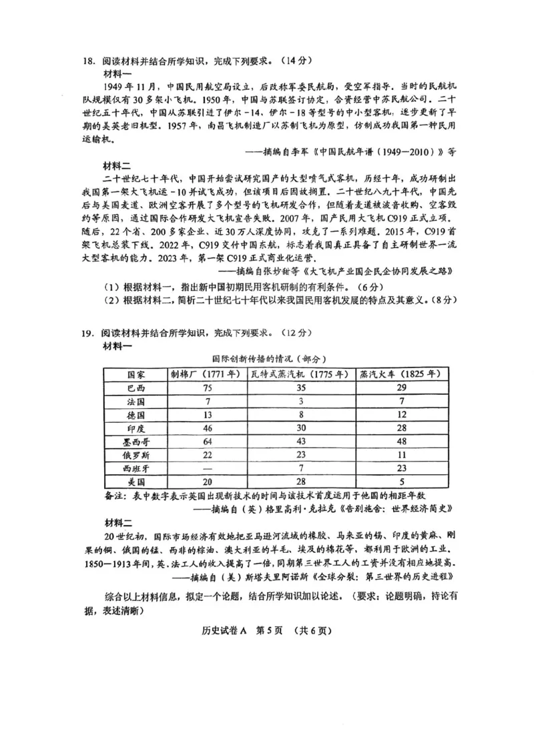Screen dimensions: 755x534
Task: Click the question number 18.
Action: click(88, 61)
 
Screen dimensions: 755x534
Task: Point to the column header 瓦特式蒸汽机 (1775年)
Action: click(300, 373)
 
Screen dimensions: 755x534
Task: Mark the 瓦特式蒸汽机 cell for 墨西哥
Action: click(302, 442)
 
